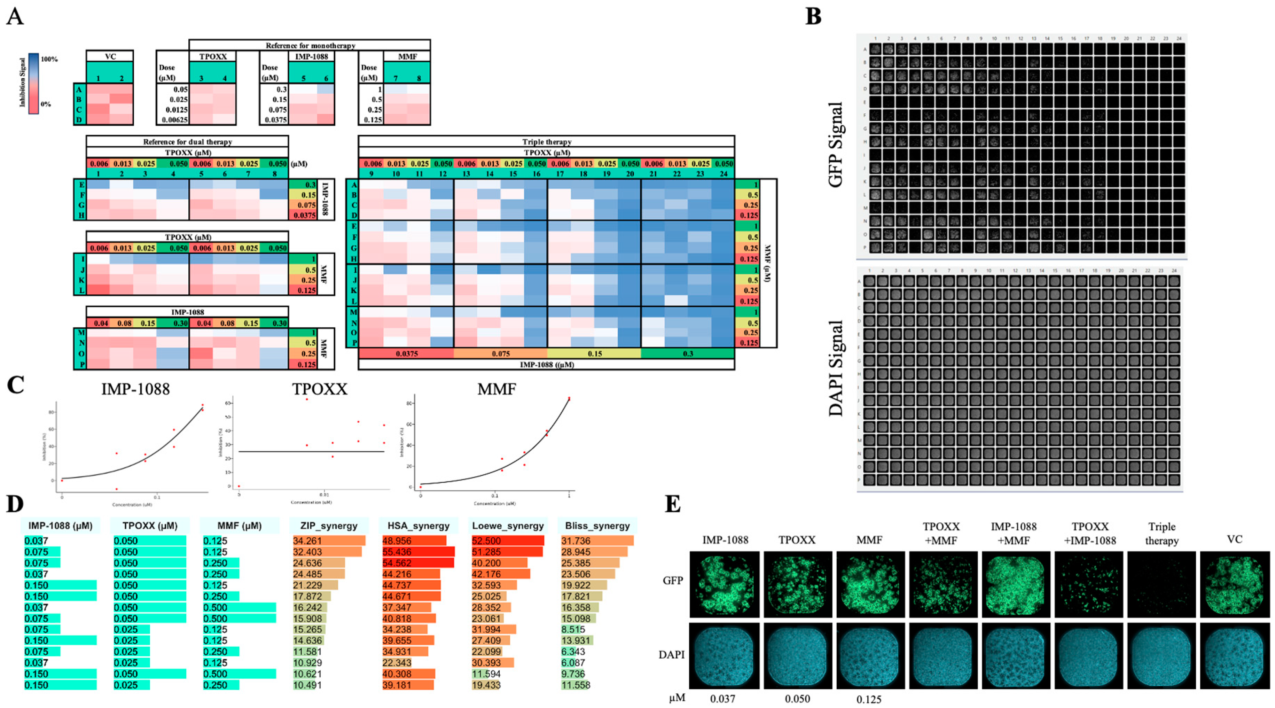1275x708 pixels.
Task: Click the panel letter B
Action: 814,17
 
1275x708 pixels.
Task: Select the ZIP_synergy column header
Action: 329,526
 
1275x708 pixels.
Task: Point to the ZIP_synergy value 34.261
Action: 307,541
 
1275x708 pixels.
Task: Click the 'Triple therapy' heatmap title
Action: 546,142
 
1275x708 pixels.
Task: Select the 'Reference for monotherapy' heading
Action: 310,46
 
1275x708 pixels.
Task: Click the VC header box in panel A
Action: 110,56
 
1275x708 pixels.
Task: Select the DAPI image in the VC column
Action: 1234,655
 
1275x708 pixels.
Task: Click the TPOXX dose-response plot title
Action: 319,389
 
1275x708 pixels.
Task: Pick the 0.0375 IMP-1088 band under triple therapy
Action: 406,353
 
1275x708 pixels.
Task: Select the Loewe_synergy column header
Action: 508,526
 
